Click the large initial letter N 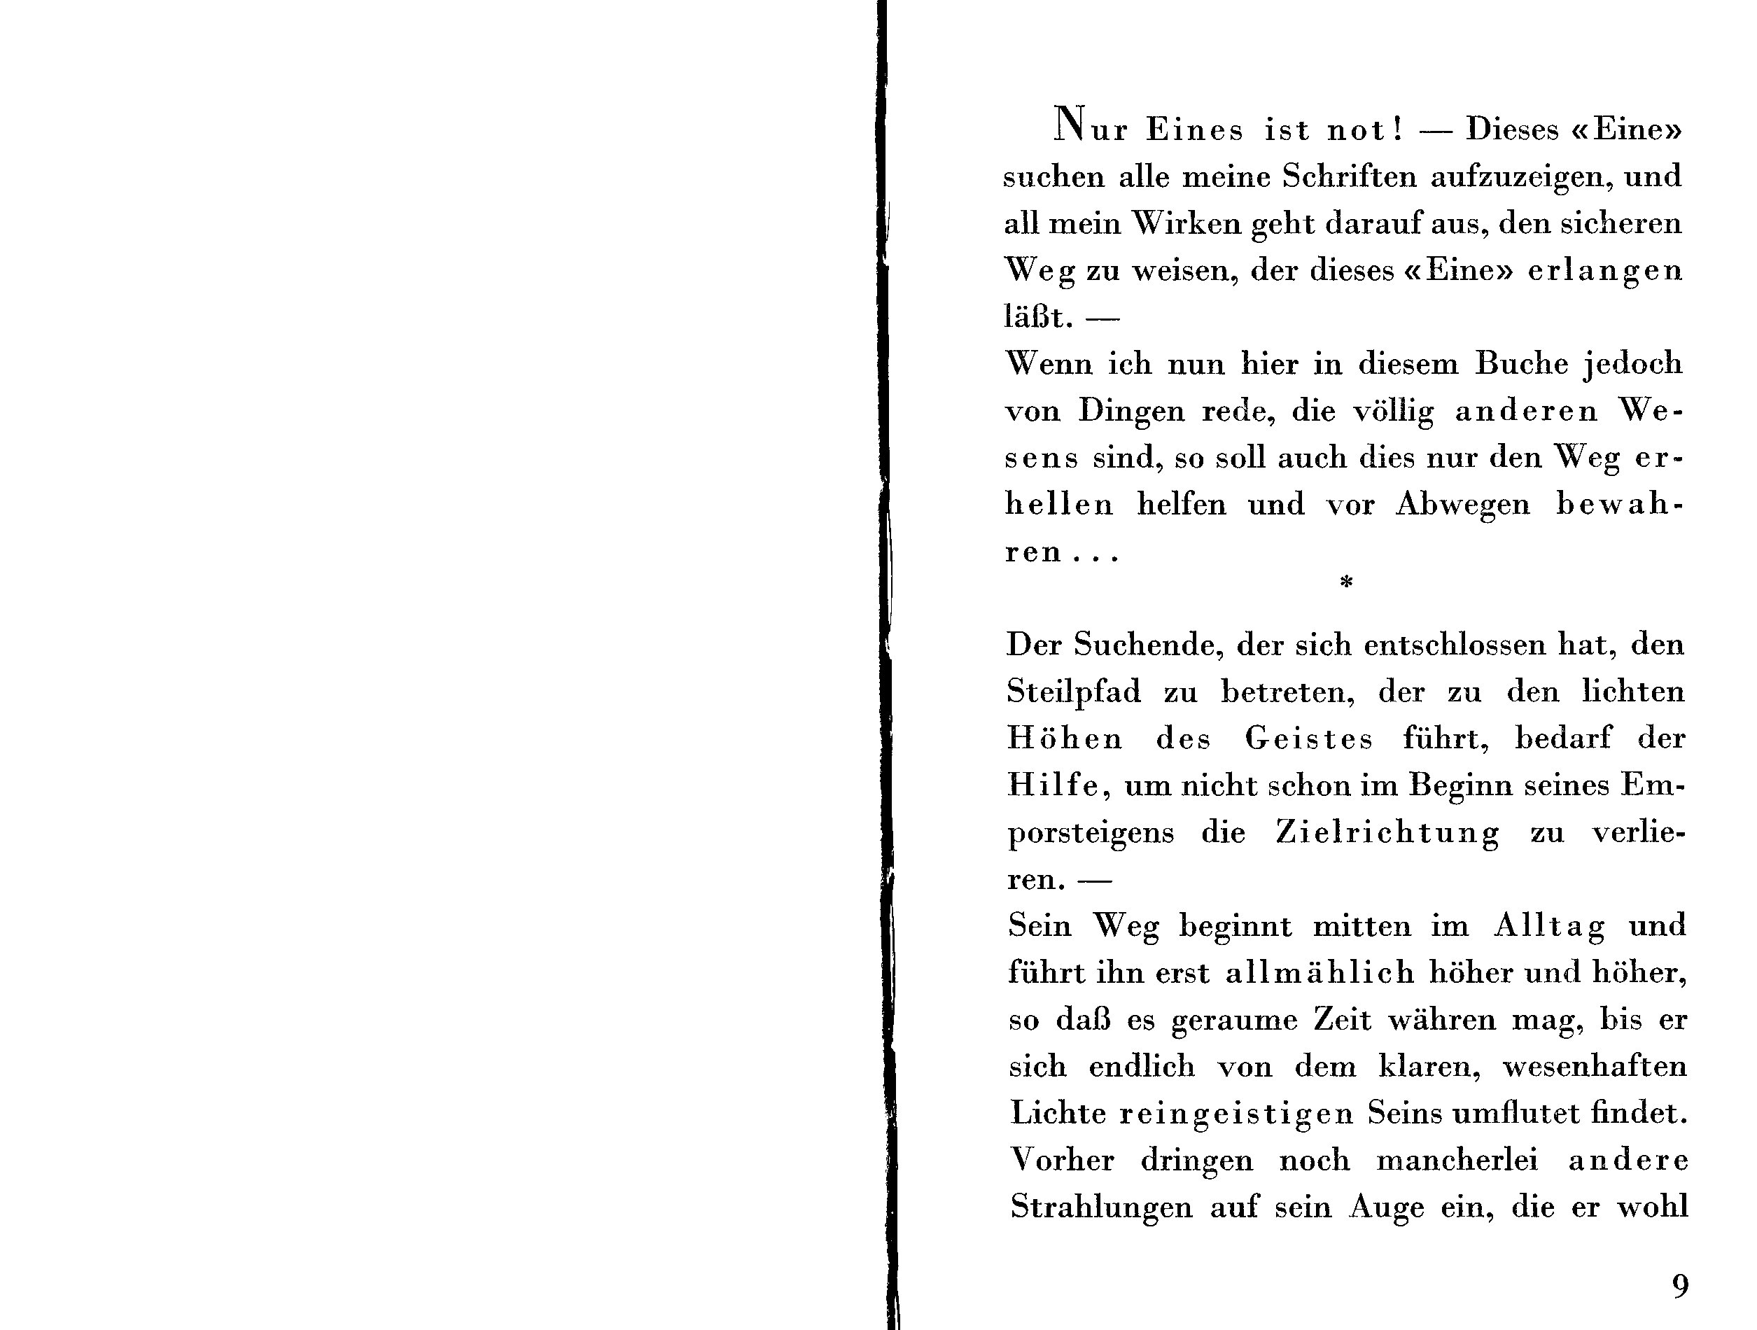point(1069,125)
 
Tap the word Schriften point(1349,176)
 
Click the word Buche point(1522,364)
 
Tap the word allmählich point(1319,973)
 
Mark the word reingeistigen point(1236,1114)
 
